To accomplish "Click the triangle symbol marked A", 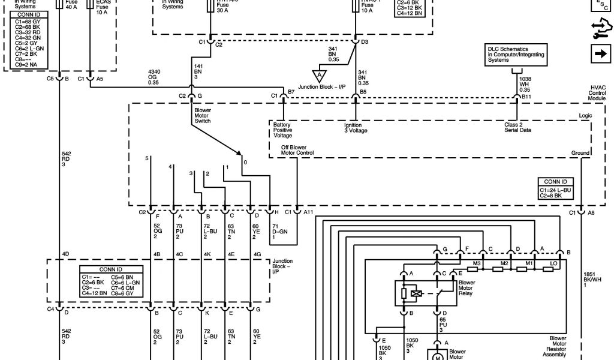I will (319, 75).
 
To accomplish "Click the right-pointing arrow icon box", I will (600, 53).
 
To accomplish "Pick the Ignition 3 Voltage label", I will (355, 127).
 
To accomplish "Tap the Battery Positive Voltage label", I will (283, 130).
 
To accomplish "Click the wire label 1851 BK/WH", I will (591, 280).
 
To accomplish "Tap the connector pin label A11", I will (308, 212).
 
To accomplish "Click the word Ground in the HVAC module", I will (580, 154).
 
